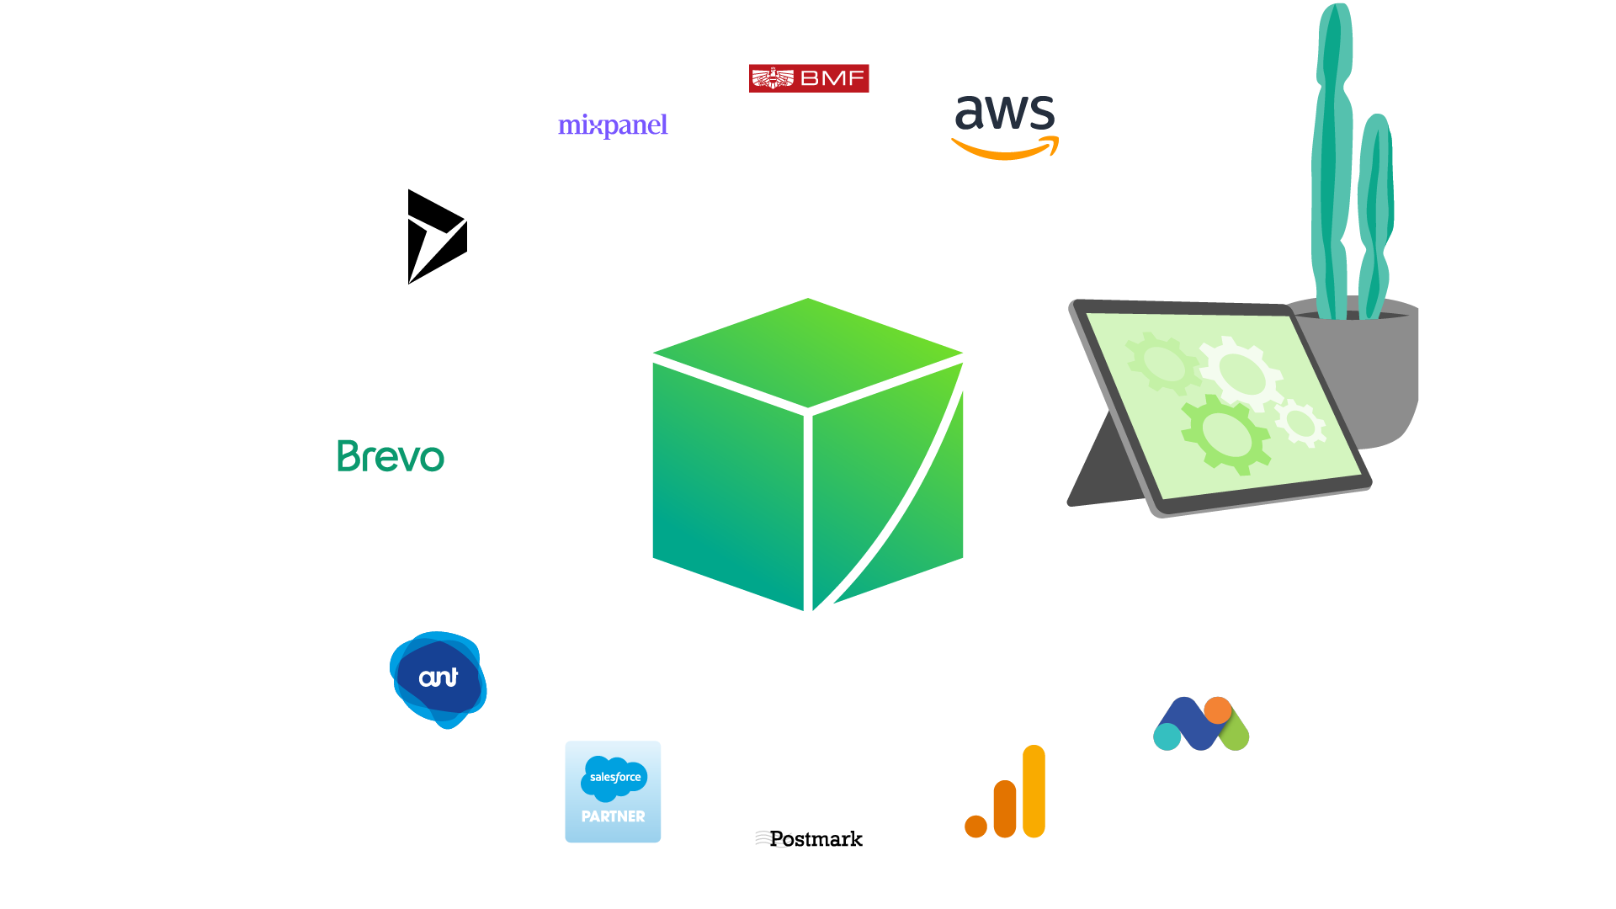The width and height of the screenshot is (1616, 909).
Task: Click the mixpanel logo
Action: click(x=613, y=125)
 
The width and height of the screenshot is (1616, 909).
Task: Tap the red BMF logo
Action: click(x=809, y=78)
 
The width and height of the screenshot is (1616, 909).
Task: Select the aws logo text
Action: click(x=1005, y=111)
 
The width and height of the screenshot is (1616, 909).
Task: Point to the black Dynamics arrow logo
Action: click(x=433, y=237)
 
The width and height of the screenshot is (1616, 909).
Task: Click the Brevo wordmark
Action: click(x=391, y=456)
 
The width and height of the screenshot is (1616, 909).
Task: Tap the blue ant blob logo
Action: click(x=439, y=678)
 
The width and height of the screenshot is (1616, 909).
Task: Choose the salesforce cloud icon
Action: click(x=614, y=776)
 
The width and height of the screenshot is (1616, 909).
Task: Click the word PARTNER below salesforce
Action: click(x=613, y=816)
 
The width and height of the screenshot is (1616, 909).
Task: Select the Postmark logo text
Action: click(x=810, y=839)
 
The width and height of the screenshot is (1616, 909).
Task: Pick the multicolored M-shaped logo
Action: click(x=1201, y=724)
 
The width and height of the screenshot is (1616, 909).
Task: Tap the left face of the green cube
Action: click(x=728, y=484)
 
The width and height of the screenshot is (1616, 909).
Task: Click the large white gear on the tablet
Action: click(x=1239, y=370)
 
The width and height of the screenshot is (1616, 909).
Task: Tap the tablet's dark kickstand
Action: click(x=1103, y=471)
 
